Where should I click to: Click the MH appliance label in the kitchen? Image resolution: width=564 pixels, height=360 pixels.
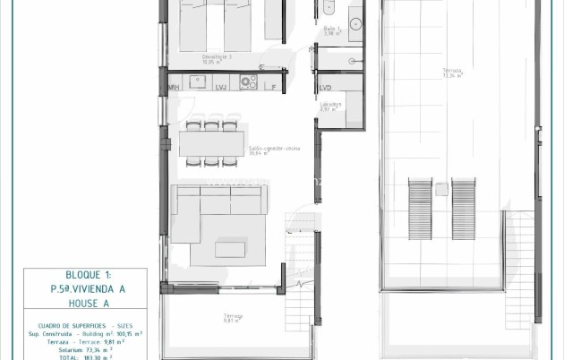[174, 86]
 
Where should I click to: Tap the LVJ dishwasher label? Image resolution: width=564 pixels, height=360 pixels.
[221, 86]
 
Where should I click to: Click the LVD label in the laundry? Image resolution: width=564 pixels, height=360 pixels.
[326, 87]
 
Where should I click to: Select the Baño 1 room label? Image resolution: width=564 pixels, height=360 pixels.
[331, 30]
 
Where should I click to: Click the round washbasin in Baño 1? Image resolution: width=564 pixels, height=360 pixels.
[355, 24]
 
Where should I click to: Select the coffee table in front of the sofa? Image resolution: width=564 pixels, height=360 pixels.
[230, 247]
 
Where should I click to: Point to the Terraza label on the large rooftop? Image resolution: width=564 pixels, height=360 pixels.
[452, 71]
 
